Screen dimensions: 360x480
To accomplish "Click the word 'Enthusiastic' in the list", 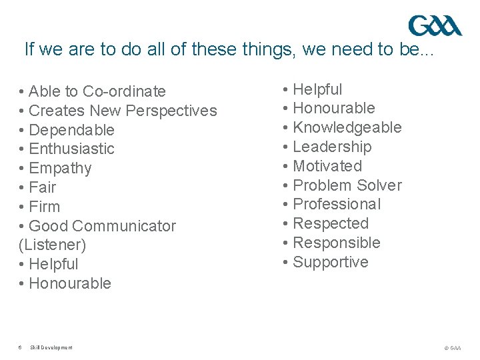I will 72,149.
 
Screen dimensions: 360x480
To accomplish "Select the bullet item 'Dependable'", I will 72,130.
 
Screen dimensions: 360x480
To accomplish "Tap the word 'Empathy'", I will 61,168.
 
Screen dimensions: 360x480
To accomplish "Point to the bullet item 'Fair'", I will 43,187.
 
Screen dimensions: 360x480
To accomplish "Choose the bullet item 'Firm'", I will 45,207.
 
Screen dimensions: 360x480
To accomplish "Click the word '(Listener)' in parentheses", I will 53,245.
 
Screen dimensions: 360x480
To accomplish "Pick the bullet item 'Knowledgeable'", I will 347,127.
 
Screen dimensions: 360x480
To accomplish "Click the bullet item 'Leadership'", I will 332,147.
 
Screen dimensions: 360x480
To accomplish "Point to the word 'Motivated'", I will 327,166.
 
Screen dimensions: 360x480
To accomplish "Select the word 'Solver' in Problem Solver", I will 379,185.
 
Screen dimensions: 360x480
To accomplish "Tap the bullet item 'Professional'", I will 337,204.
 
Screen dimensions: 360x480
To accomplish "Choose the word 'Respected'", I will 331,223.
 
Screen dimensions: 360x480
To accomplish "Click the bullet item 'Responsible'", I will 337,243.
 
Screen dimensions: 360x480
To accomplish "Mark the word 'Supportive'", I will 331,262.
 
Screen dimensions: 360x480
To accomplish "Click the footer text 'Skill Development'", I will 51,347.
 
